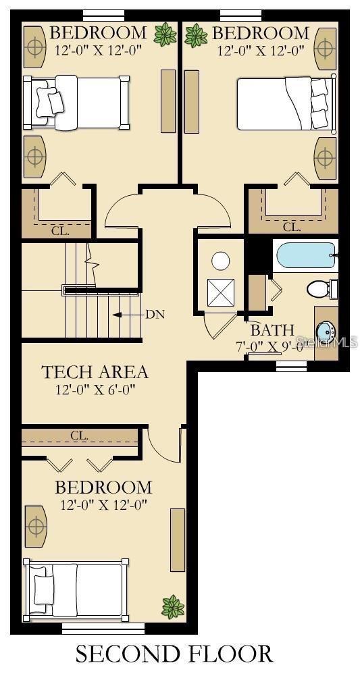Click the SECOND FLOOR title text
tap(174, 654)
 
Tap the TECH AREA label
tap(95, 372)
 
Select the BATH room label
tap(272, 330)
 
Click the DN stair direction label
tap(155, 315)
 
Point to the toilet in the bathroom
tap(319, 289)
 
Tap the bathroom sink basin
tap(325, 332)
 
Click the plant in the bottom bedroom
tap(173, 606)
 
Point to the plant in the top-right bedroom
tap(196, 34)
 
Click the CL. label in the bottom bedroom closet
tap(80, 436)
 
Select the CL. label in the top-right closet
tap(292, 227)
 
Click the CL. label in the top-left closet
tap(60, 230)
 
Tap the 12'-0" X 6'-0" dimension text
tap(95, 390)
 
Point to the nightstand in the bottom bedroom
tap(35, 527)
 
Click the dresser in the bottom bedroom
tap(178, 540)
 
